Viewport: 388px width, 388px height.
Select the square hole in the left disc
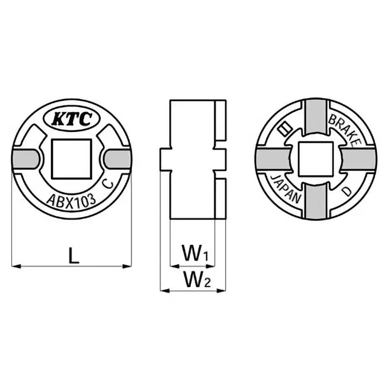tap(71, 158)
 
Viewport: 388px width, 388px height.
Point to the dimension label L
tap(73, 256)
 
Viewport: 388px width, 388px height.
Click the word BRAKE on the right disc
tap(345, 129)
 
